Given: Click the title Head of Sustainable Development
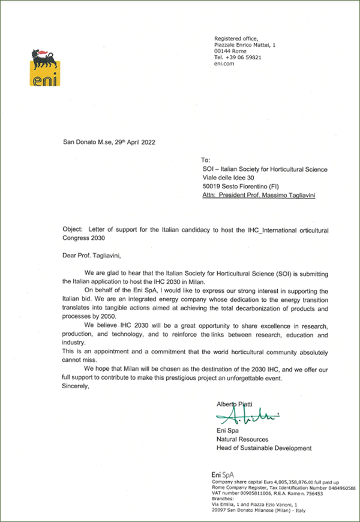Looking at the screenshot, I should (264, 448).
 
